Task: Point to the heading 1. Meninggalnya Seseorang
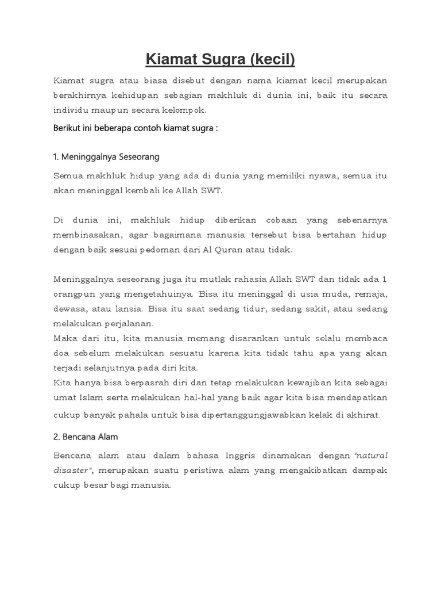[x=106, y=156]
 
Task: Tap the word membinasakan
[x=86, y=235]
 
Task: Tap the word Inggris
[x=247, y=456]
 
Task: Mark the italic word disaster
[x=71, y=471]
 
